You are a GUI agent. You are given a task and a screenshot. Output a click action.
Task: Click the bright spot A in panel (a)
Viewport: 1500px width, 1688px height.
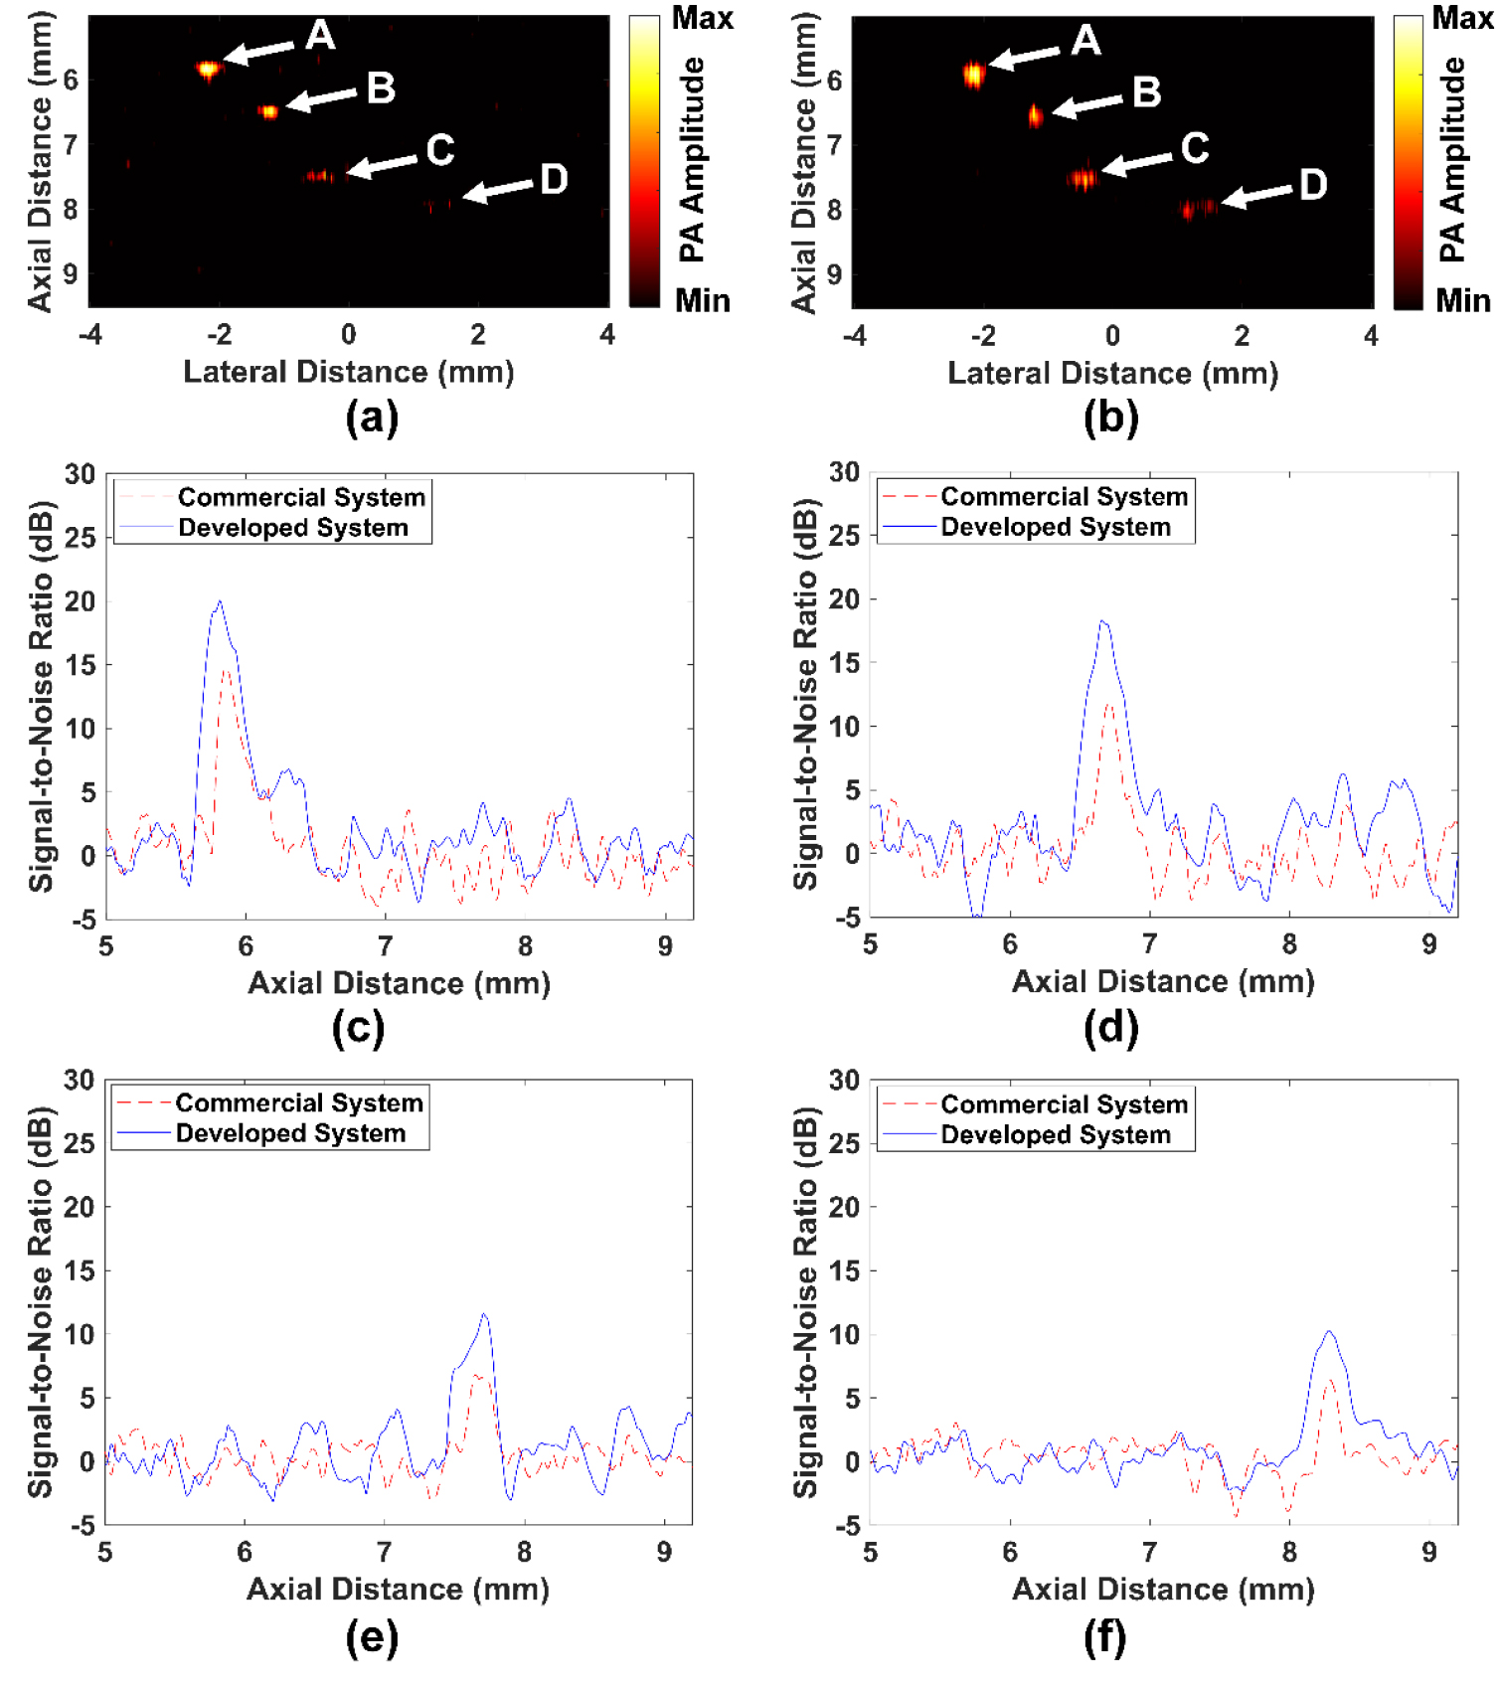pos(208,69)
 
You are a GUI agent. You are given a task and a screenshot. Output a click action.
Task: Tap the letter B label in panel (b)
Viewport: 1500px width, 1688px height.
pos(1146,92)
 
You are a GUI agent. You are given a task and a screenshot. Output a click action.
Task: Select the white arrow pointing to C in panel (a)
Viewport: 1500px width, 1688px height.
pos(383,165)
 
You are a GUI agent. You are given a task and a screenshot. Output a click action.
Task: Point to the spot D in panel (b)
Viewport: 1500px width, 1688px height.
pos(1197,208)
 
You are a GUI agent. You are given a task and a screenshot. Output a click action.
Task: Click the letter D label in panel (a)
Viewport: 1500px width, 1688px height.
pos(554,180)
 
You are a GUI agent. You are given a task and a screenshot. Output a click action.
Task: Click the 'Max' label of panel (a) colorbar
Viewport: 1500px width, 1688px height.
pos(702,18)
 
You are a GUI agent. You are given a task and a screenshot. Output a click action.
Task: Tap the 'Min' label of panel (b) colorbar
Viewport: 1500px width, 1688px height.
pos(1462,300)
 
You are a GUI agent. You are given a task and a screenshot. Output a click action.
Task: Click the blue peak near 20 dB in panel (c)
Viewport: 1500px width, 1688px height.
pos(220,601)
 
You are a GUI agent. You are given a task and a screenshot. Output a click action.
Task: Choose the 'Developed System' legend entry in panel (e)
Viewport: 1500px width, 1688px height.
pos(290,1133)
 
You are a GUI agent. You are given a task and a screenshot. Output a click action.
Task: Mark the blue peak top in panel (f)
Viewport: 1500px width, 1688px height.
pos(1329,1331)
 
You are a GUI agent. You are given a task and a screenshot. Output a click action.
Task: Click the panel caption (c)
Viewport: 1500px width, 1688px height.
pos(358,1027)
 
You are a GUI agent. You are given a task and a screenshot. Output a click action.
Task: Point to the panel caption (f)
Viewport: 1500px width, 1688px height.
pos(1104,1635)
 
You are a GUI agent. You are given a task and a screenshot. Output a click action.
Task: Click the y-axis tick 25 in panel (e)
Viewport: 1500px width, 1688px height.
pos(79,1143)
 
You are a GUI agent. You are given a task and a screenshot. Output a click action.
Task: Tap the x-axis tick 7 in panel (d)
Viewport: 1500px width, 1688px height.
pos(1149,944)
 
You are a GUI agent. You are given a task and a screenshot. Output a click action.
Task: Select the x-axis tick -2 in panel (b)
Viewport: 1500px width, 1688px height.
pos(982,336)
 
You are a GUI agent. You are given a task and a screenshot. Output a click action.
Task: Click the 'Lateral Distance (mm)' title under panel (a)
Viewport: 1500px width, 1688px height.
pos(349,372)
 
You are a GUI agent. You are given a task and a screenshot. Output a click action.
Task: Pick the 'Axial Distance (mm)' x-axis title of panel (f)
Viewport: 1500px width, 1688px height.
pos(1163,1589)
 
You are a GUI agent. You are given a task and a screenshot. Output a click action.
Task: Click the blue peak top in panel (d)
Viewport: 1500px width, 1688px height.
pos(1102,621)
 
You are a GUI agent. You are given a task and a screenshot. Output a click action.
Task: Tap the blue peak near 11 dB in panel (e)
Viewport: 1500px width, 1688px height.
pos(484,1314)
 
